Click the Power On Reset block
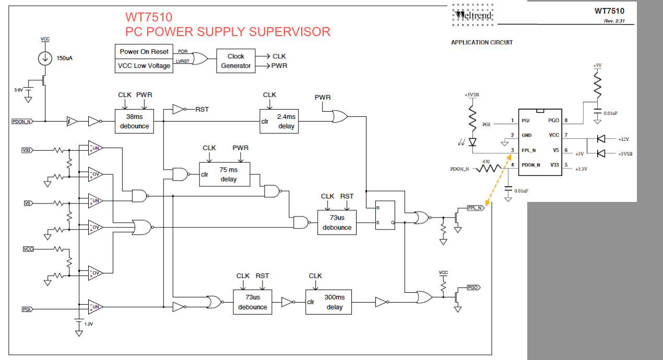tap(144, 52)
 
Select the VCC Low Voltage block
tap(144, 66)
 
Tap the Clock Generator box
tap(235, 61)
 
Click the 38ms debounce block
tap(134, 121)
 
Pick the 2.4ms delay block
tap(279, 121)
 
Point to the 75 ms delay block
tap(224, 174)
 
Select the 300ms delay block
tap(328, 302)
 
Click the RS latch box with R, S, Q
tap(385, 215)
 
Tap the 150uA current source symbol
tap(45, 58)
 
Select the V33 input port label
tap(27, 150)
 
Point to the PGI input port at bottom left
tap(27, 309)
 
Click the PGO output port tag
tap(473, 287)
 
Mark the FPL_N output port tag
tap(476, 208)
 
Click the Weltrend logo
tap(472, 15)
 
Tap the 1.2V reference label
tap(89, 324)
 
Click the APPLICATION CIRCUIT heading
tap(482, 43)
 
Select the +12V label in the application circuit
tap(623, 139)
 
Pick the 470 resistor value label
tap(486, 162)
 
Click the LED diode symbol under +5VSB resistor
tap(472, 142)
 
